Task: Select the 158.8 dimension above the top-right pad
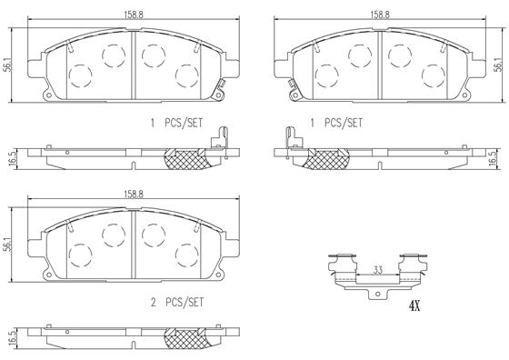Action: pyautogui.click(x=380, y=15)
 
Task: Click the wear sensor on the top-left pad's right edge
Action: pyautogui.click(x=221, y=89)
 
